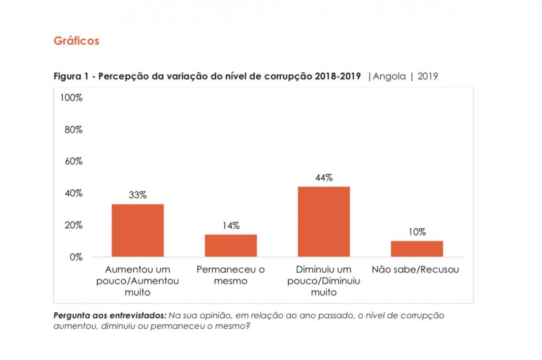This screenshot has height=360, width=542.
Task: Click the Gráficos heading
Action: pos(76,41)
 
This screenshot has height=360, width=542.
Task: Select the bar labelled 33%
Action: pos(138,230)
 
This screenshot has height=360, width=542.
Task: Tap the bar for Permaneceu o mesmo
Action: pos(231,246)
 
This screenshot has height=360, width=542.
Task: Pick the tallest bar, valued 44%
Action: pos(324,221)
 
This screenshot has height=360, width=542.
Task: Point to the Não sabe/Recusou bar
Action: pos(417,249)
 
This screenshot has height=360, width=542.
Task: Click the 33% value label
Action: pos(138,196)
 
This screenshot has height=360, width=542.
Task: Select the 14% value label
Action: pos(231,226)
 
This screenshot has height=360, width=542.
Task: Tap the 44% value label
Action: pos(324,178)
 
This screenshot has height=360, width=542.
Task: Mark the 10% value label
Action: pos(417,233)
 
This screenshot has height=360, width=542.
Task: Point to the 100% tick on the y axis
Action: pos(71,98)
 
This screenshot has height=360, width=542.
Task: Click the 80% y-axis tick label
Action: pos(73,130)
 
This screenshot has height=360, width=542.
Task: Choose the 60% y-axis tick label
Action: pos(73,162)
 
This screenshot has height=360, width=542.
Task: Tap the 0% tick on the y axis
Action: pos(76,257)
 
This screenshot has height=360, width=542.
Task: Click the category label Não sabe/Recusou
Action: pos(416,270)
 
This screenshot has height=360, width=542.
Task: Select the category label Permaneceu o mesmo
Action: pos(231,275)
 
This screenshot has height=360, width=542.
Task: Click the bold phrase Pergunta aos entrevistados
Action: pos(110,316)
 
